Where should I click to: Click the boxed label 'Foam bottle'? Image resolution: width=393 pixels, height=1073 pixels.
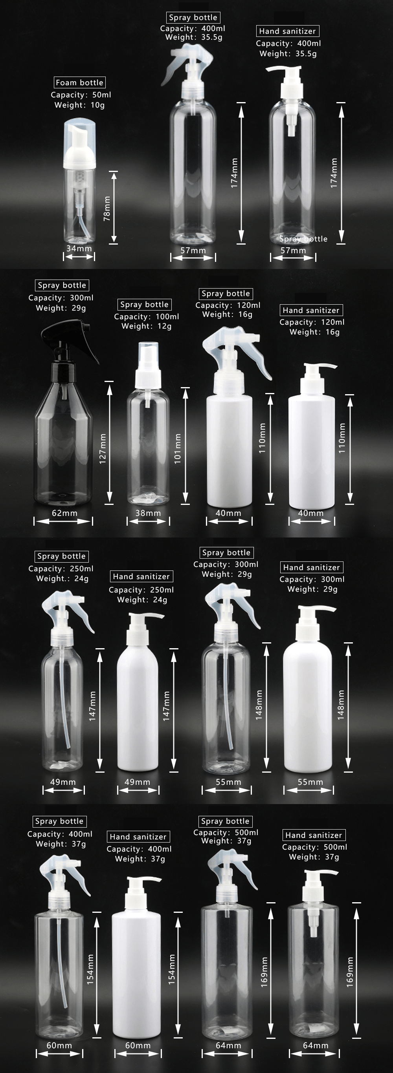coord(79,82)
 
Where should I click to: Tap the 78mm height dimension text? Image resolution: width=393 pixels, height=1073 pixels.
coord(107,208)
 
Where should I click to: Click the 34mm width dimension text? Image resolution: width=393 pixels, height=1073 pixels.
coord(79,248)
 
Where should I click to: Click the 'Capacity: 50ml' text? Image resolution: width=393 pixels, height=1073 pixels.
coord(81,95)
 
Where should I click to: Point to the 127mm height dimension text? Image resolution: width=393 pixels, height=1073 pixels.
coord(103,449)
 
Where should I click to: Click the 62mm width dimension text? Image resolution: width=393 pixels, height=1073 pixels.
coord(64,513)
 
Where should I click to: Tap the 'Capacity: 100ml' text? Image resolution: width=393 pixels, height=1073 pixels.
coord(146,316)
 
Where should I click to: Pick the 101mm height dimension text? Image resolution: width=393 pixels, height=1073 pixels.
coord(178,449)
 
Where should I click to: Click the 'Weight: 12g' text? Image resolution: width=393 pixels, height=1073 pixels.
coord(146,326)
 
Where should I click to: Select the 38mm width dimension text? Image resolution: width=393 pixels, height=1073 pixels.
coord(148,513)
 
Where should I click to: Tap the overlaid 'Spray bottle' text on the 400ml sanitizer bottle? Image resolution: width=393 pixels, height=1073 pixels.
coord(303,239)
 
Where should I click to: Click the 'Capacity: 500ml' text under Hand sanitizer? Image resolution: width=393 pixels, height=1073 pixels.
coord(314,847)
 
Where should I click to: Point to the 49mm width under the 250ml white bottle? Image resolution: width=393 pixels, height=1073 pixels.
coord(137,782)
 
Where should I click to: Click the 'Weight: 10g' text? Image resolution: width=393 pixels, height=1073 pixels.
coord(80,105)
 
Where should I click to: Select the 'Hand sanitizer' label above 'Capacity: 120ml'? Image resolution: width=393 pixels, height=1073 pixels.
coord(311,310)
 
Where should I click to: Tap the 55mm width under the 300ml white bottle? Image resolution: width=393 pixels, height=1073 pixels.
coord(310,782)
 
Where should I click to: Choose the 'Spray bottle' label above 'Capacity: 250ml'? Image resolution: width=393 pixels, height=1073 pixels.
coord(61,556)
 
